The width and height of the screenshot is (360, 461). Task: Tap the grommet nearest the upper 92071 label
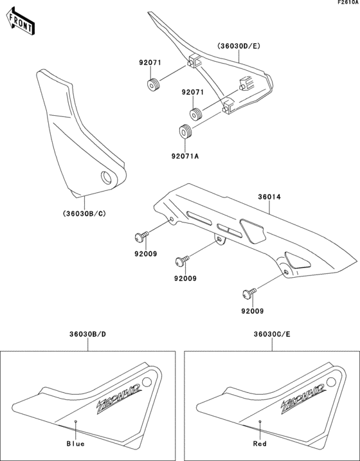[x=154, y=84]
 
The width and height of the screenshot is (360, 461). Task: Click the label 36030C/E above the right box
[x=271, y=334]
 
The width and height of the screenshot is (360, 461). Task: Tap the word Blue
[x=75, y=444]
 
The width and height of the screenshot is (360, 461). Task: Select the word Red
[x=260, y=444]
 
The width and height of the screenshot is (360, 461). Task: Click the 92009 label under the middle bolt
[x=184, y=278]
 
